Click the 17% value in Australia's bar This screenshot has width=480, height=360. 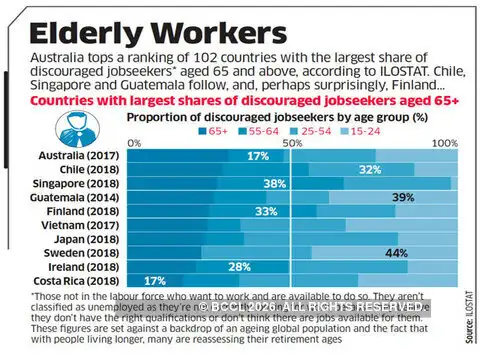click(x=258, y=156)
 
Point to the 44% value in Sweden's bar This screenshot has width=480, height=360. click(x=395, y=254)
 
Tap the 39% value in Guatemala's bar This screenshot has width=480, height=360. click(x=404, y=198)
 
